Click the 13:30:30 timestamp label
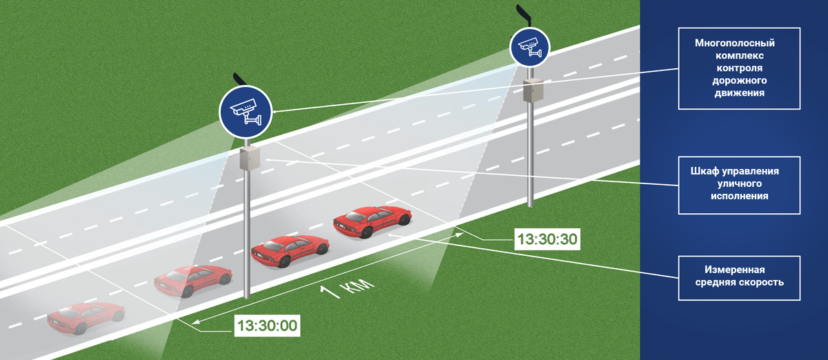(546, 240)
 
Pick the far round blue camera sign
(529, 48)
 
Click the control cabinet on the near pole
(248, 159)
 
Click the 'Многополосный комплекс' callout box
(739, 68)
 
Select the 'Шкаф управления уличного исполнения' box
(739, 183)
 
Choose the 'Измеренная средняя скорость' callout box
(739, 277)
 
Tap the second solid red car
(289, 250)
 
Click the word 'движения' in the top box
(740, 93)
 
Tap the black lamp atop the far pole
(523, 12)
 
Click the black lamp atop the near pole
(239, 78)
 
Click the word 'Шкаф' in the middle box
(706, 171)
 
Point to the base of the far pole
(530, 203)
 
